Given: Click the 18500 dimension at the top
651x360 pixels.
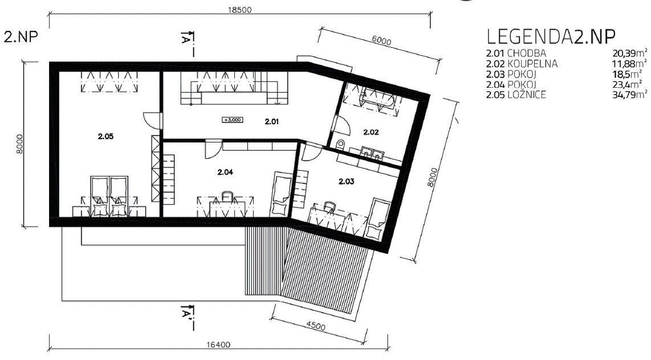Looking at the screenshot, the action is [x=239, y=10].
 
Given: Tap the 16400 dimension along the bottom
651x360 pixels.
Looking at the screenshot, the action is [x=218, y=345].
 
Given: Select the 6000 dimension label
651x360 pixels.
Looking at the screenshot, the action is [x=381, y=41].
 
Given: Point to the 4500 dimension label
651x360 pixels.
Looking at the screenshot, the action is [x=316, y=326].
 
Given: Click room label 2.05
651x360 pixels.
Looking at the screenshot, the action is [x=106, y=136].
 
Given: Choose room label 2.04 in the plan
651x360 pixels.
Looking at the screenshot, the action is [x=225, y=172].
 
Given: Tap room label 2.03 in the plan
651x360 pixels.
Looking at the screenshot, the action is [x=346, y=181].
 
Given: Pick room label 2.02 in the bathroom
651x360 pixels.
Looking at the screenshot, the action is [x=371, y=132].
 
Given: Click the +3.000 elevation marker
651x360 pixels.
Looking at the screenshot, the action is [x=233, y=120].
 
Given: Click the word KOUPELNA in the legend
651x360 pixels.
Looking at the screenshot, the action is [x=532, y=64].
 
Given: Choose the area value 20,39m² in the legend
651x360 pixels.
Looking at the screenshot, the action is [x=629, y=53].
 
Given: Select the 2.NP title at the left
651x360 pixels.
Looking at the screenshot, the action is [x=21, y=36].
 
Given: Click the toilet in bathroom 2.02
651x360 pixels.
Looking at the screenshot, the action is [x=340, y=145].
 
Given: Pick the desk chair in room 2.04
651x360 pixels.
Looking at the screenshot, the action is [x=227, y=195].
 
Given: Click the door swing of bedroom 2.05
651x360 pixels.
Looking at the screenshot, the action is [x=151, y=121].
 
